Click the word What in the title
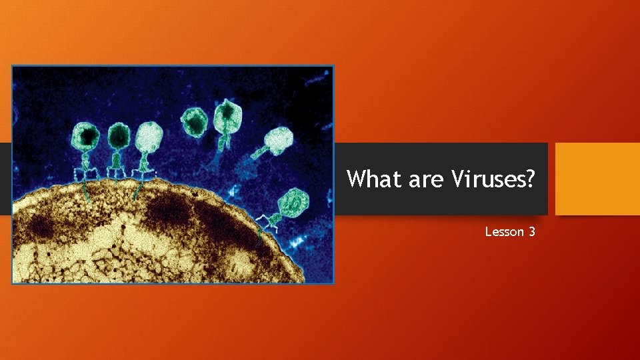click(370, 179)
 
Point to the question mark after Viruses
click(529, 179)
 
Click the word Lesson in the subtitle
click(505, 232)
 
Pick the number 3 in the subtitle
click(531, 232)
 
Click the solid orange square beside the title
click(597, 179)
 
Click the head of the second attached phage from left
click(119, 137)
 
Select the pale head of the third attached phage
click(148, 136)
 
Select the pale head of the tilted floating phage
click(279, 139)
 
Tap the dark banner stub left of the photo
click(5, 179)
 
